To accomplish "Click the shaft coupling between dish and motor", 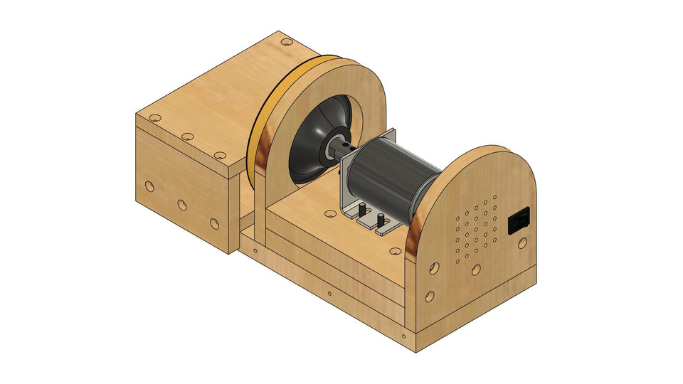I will tap(340, 147).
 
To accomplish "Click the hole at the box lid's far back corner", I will tap(286, 42).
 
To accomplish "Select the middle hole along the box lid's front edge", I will tap(187, 136).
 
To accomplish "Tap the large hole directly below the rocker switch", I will tap(523, 243).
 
